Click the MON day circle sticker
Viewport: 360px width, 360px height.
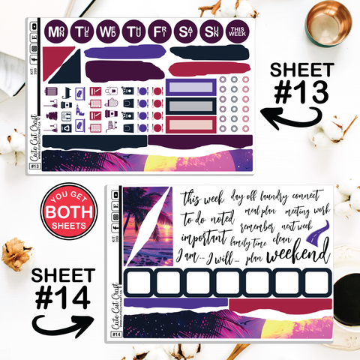point(55,32)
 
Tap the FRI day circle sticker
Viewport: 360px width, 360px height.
point(159,32)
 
